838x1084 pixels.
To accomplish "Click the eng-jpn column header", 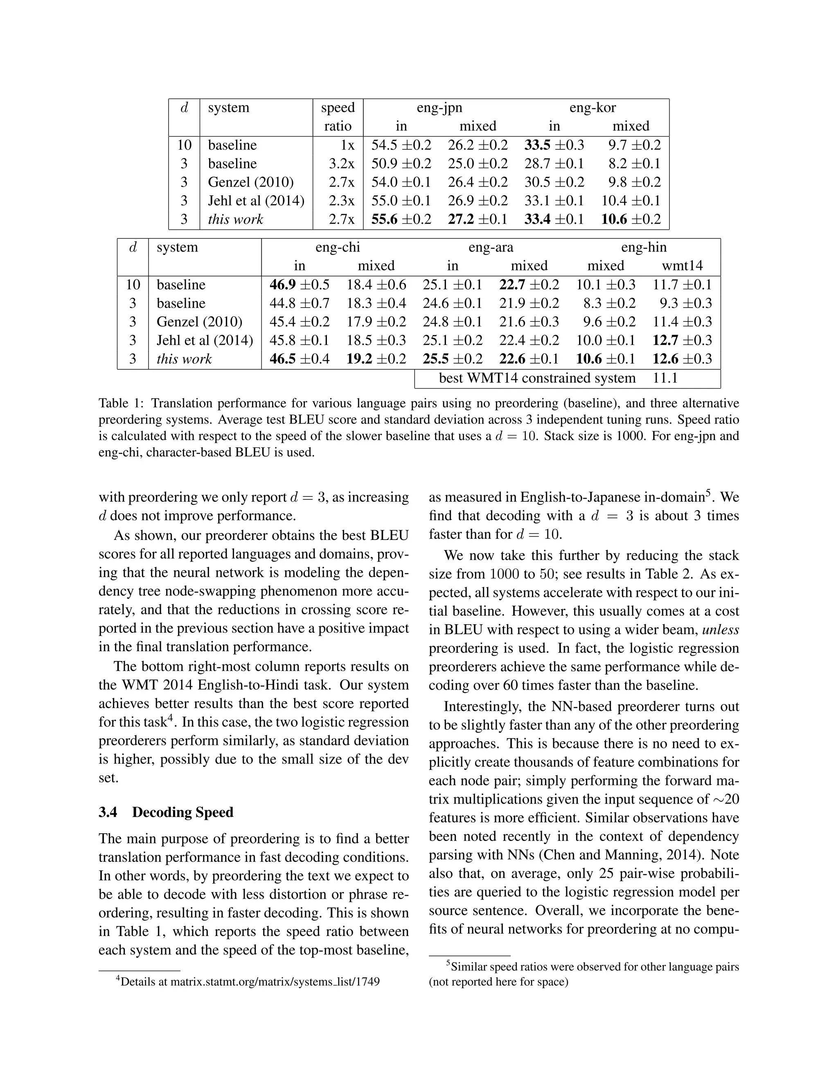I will [x=439, y=108].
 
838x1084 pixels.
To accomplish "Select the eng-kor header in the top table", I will [x=592, y=108].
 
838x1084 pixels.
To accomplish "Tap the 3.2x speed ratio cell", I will [x=342, y=164].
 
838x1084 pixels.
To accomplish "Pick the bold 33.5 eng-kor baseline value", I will [x=537, y=145].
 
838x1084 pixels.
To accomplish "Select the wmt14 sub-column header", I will [x=682, y=266].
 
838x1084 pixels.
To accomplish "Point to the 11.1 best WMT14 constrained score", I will [x=665, y=378].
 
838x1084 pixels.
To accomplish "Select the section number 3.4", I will [x=108, y=812].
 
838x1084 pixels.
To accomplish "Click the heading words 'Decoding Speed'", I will [x=182, y=812].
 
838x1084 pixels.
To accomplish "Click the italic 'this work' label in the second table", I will [x=184, y=359].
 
